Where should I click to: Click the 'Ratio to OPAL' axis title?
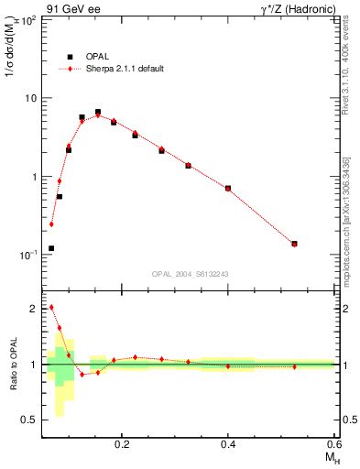[x=13, y=365]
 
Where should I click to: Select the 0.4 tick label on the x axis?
[x=228, y=444]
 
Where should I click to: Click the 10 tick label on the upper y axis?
[x=31, y=98]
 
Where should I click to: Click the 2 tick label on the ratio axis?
[x=34, y=309]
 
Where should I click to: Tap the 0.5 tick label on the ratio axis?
[x=29, y=420]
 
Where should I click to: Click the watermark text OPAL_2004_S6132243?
[x=190, y=274]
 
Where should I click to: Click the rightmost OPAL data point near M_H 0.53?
[x=294, y=244]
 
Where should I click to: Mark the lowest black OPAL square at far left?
[x=51, y=248]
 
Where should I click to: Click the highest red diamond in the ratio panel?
[x=51, y=307]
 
